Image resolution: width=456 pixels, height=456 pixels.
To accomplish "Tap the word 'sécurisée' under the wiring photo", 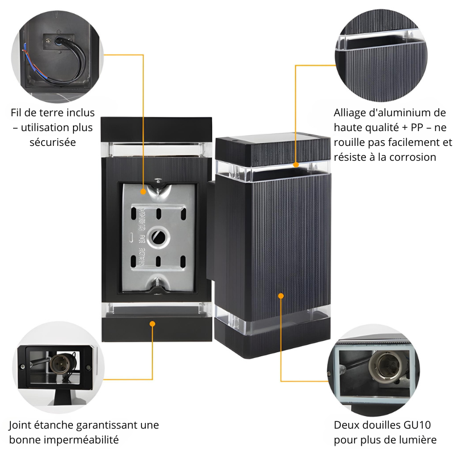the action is pos(52,142).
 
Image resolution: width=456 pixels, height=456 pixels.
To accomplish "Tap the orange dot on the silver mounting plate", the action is pos(143,192).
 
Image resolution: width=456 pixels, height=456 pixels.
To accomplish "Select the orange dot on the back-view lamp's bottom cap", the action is pos(152,324).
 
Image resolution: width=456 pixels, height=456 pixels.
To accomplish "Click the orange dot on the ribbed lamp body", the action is pos(281,296).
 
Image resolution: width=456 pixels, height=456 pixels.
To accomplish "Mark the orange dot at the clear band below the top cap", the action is pos(296,165).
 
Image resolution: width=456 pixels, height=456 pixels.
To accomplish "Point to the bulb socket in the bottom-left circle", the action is pos(60,364).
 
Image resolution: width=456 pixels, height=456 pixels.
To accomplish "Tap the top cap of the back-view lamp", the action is pos(156,129).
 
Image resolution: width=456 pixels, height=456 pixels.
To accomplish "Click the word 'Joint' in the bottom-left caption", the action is pos(20,425).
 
